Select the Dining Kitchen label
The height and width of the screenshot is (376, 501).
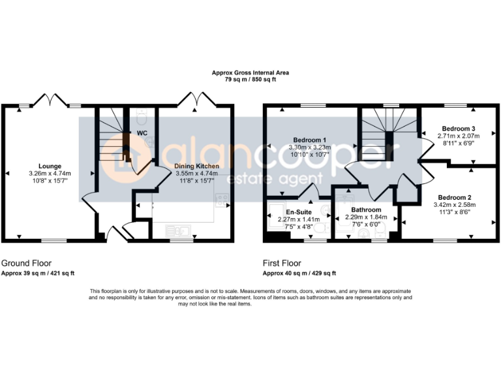[196, 166]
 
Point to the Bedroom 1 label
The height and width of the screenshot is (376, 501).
[310, 140]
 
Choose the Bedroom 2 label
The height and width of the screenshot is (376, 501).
[454, 197]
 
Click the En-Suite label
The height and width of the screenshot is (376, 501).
[298, 212]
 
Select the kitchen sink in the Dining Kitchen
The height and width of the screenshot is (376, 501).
[177, 230]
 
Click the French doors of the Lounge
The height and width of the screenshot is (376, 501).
[49, 99]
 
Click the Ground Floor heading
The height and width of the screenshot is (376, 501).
[26, 263]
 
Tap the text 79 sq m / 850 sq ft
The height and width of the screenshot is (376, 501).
[250, 79]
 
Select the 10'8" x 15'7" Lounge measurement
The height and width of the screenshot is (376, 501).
[50, 180]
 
